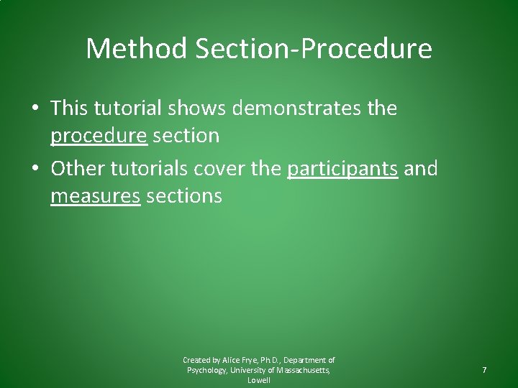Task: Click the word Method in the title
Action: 135,49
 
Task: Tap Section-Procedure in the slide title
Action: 310,49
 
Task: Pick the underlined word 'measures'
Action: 95,195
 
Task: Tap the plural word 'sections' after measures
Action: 184,195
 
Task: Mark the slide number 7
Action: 484,370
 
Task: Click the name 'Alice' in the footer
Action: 232,360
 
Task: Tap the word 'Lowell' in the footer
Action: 258,380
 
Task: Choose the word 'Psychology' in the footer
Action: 206,370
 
